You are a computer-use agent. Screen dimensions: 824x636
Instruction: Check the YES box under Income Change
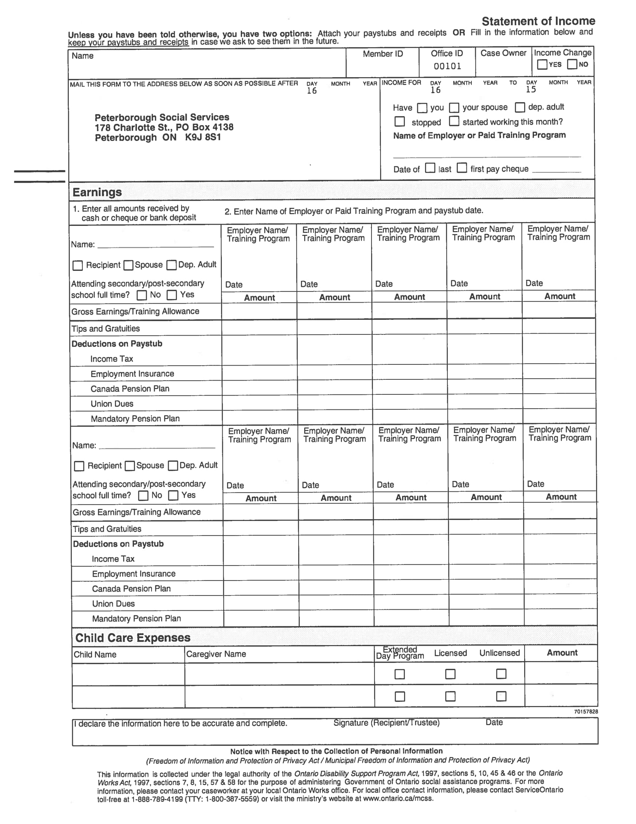542,64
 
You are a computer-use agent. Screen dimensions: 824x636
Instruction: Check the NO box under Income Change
572,64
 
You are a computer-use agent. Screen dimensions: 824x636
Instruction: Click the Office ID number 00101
447,66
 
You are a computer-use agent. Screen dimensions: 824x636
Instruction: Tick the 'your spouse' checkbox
454,108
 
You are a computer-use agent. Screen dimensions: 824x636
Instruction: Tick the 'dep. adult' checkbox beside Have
520,107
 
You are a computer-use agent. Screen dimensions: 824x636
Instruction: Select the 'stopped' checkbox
400,121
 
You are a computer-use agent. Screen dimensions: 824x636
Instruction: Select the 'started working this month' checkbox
454,121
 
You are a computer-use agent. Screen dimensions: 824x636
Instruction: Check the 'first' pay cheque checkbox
462,168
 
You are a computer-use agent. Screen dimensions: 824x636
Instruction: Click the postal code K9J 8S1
203,137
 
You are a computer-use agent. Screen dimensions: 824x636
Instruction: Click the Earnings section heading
97,193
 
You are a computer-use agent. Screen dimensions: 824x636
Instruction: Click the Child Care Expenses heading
133,638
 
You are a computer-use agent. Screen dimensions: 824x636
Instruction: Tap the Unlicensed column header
499,653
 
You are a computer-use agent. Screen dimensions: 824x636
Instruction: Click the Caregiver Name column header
216,654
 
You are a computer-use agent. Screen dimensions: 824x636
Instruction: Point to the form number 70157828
586,712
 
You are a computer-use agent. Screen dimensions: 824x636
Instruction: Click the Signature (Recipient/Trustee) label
386,723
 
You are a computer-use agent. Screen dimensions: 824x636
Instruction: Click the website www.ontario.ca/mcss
398,799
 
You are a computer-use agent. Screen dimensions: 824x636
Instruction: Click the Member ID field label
382,54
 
